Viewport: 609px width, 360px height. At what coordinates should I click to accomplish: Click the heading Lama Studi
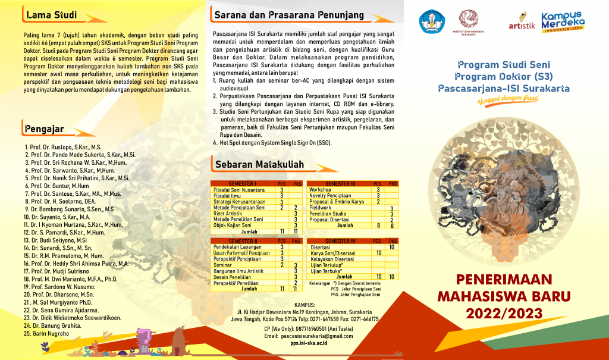click(51, 14)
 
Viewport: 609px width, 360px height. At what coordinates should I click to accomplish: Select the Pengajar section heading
click(45, 128)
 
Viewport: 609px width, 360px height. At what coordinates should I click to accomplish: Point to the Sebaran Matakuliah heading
click(259, 164)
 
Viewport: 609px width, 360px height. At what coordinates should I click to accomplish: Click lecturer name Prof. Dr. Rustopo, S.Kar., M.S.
click(63, 146)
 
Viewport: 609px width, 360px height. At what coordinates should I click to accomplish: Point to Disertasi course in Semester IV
click(322, 246)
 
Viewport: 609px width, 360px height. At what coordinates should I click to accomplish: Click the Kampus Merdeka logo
click(562, 22)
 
